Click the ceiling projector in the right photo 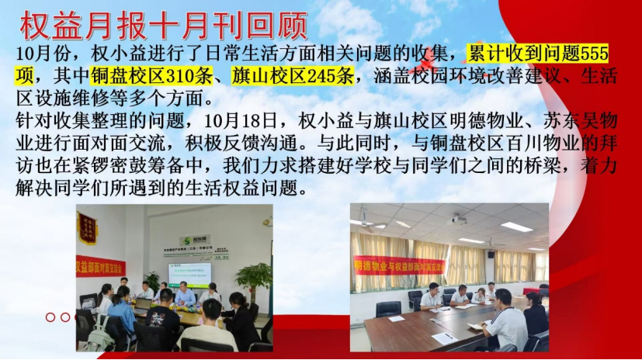(459, 220)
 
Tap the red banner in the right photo (399, 267)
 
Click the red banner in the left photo (101, 266)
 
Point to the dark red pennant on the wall (87, 228)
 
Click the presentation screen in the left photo (189, 275)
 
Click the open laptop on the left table (143, 304)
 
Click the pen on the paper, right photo (449, 336)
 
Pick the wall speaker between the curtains (491, 254)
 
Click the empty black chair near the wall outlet (388, 310)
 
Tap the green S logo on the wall (188, 241)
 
